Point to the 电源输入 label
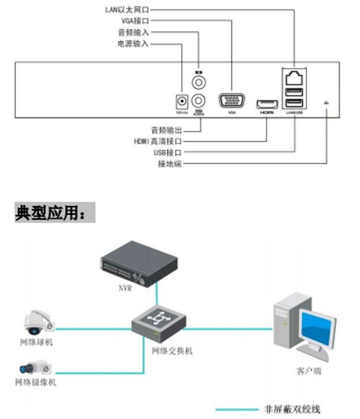(x=133, y=44)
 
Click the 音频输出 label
(x=167, y=130)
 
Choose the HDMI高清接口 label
(x=158, y=141)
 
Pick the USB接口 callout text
(x=168, y=153)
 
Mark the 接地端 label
(x=170, y=164)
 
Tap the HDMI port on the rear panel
(x=267, y=104)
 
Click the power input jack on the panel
(x=181, y=102)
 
